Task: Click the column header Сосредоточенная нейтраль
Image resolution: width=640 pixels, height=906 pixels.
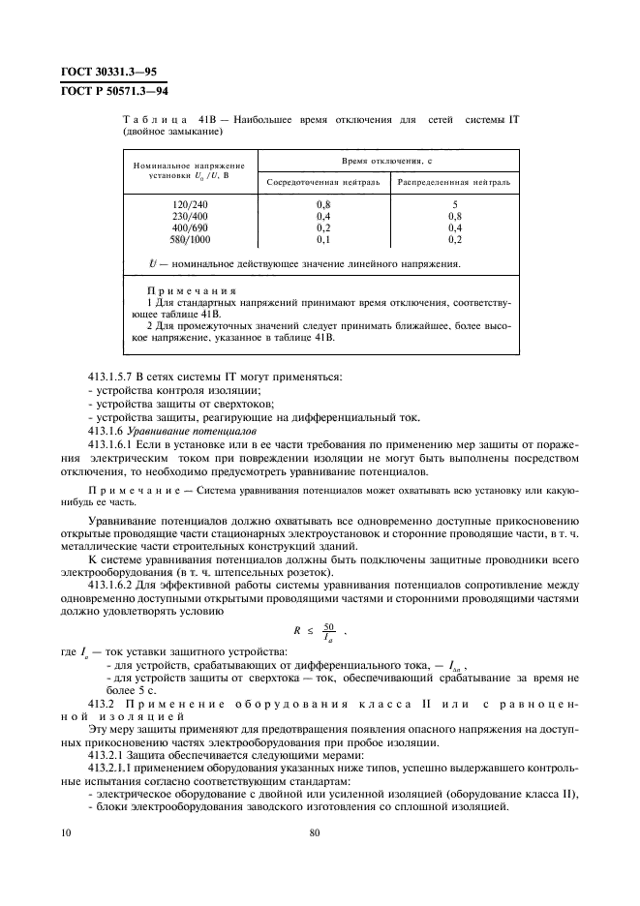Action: coord(323,181)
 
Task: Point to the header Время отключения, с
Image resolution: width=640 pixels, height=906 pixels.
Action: coord(388,159)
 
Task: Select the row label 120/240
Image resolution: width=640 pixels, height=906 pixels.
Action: coord(190,205)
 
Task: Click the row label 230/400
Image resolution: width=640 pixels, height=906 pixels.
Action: coord(190,217)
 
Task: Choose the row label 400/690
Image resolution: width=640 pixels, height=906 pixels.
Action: coord(190,228)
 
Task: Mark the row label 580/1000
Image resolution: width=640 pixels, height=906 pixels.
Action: coord(190,239)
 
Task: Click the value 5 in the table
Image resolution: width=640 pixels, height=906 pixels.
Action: coord(454,205)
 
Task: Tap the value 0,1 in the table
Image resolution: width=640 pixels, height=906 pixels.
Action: coord(323,239)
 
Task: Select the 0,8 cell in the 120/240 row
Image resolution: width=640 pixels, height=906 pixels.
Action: coord(323,205)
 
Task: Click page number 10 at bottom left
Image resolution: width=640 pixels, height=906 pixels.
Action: coord(64,831)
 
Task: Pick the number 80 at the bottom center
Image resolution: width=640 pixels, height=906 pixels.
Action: coord(315,831)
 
